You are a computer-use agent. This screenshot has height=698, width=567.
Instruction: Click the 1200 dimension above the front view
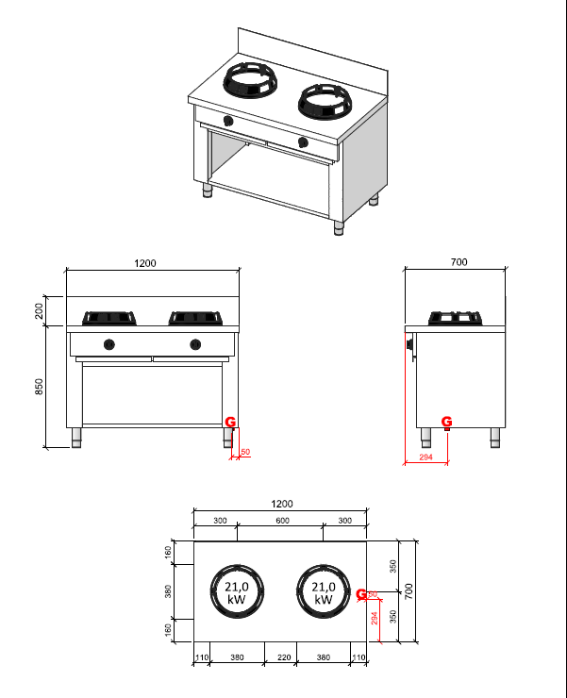click(x=145, y=263)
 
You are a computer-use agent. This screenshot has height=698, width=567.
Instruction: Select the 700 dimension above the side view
click(x=459, y=262)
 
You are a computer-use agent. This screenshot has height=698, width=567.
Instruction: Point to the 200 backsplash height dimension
click(x=40, y=310)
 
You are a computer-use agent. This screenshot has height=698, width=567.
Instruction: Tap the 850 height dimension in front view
click(x=40, y=387)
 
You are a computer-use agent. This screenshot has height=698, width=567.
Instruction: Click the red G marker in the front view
click(x=230, y=422)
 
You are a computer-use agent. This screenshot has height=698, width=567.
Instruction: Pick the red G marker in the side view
click(x=447, y=421)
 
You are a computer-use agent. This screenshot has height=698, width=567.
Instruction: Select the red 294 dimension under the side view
click(x=425, y=457)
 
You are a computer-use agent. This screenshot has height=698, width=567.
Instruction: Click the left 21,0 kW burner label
click(x=237, y=593)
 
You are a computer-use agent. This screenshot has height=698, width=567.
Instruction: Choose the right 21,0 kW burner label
click(x=324, y=593)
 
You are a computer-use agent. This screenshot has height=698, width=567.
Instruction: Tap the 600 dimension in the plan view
click(x=282, y=521)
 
